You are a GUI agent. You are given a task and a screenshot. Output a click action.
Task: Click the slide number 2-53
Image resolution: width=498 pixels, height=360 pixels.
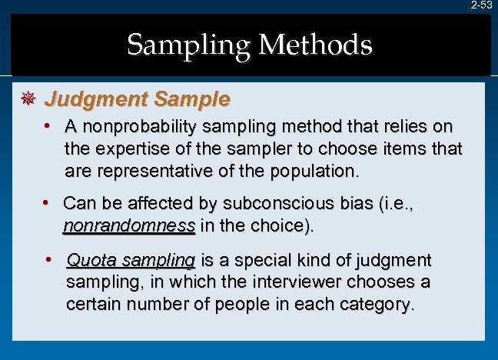482,5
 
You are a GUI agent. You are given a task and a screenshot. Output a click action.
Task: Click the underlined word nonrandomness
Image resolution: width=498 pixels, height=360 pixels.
128,227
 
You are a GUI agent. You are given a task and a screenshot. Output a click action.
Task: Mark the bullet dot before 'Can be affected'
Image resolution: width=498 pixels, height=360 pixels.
46,203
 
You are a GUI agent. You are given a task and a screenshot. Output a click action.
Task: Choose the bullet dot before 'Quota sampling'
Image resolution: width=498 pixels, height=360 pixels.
48,260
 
